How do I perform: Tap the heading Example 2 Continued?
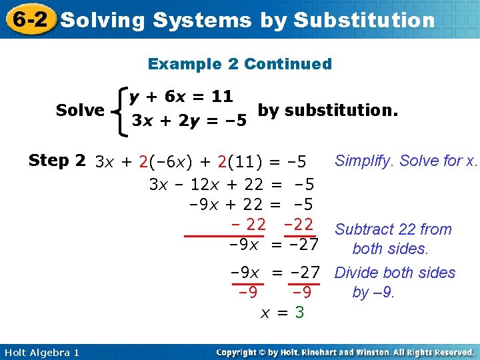[x=239, y=64]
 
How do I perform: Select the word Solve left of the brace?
[x=80, y=110]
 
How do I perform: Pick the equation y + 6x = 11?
[x=181, y=97]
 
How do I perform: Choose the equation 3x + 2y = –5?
[x=189, y=121]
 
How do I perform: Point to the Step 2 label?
[x=57, y=161]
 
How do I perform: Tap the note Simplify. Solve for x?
[x=406, y=161]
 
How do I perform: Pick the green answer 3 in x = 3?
[x=300, y=312]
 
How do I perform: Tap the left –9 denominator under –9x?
[x=247, y=293]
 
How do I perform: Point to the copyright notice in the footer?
[x=345, y=352]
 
